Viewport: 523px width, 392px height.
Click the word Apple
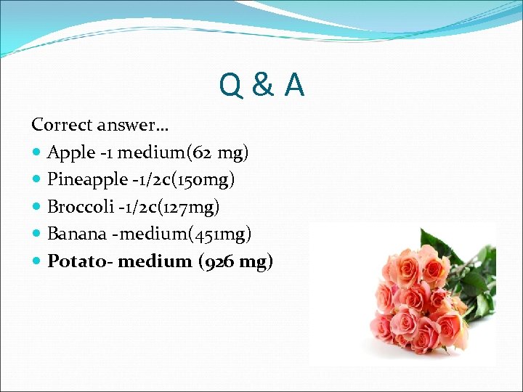click(71, 152)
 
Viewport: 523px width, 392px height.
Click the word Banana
click(76, 234)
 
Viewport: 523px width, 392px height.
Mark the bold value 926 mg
click(235, 261)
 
